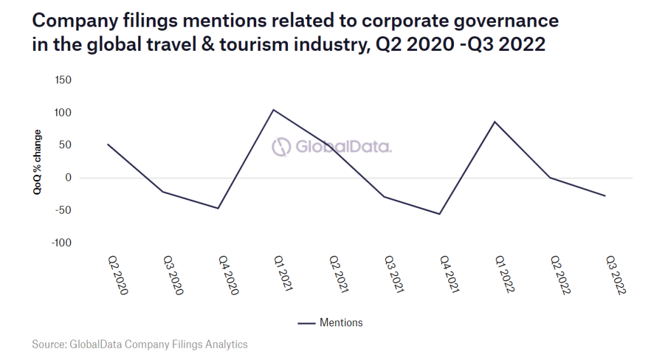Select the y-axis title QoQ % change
pos(38,162)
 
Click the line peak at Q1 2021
pos(273,110)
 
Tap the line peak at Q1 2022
pos(495,121)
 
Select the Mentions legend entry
pos(331,323)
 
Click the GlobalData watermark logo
pos(332,147)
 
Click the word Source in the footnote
pos(48,344)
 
